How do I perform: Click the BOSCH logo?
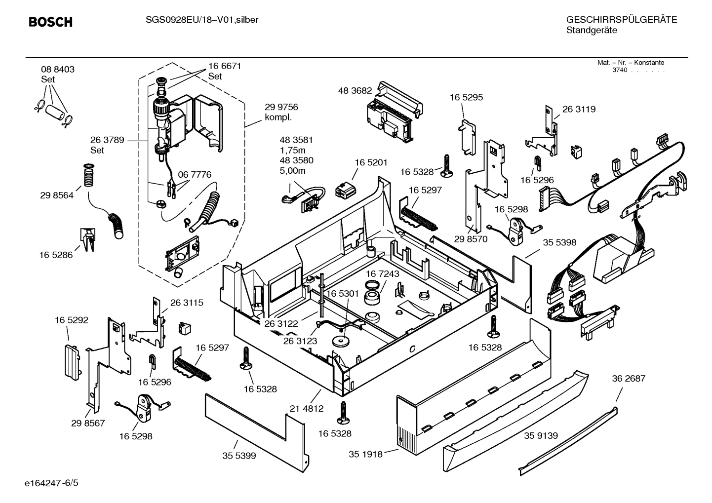tap(50, 22)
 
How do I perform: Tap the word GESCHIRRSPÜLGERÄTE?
tap(621, 20)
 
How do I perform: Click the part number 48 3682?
tap(355, 91)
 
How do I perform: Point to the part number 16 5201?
tap(371, 162)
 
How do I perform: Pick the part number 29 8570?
tap(471, 239)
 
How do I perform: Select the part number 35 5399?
tap(239, 456)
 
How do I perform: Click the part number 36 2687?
tap(629, 379)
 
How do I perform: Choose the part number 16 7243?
tap(383, 273)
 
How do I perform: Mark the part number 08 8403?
tap(58, 70)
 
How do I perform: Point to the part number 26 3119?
tap(579, 109)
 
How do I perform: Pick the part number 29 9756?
tap(281, 107)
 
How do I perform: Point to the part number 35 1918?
tap(365, 454)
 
